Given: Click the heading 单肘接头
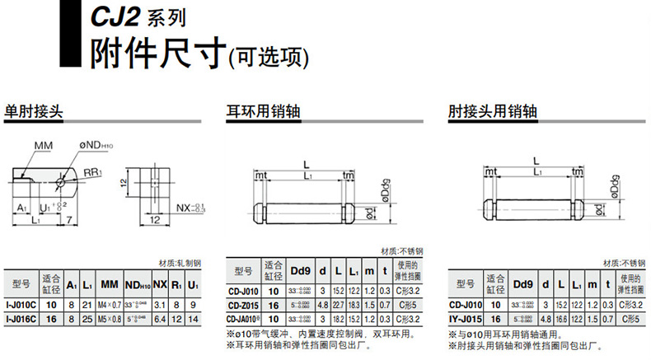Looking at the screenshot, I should pyautogui.click(x=34, y=110).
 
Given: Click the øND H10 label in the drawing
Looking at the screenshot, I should pyautogui.click(x=103, y=146).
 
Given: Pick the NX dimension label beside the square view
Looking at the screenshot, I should pyautogui.click(x=189, y=207).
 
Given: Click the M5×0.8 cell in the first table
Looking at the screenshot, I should pyautogui.click(x=110, y=319).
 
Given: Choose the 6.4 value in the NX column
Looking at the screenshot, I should pyautogui.click(x=161, y=319).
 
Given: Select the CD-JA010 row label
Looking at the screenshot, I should pyautogui.click(x=244, y=319).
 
